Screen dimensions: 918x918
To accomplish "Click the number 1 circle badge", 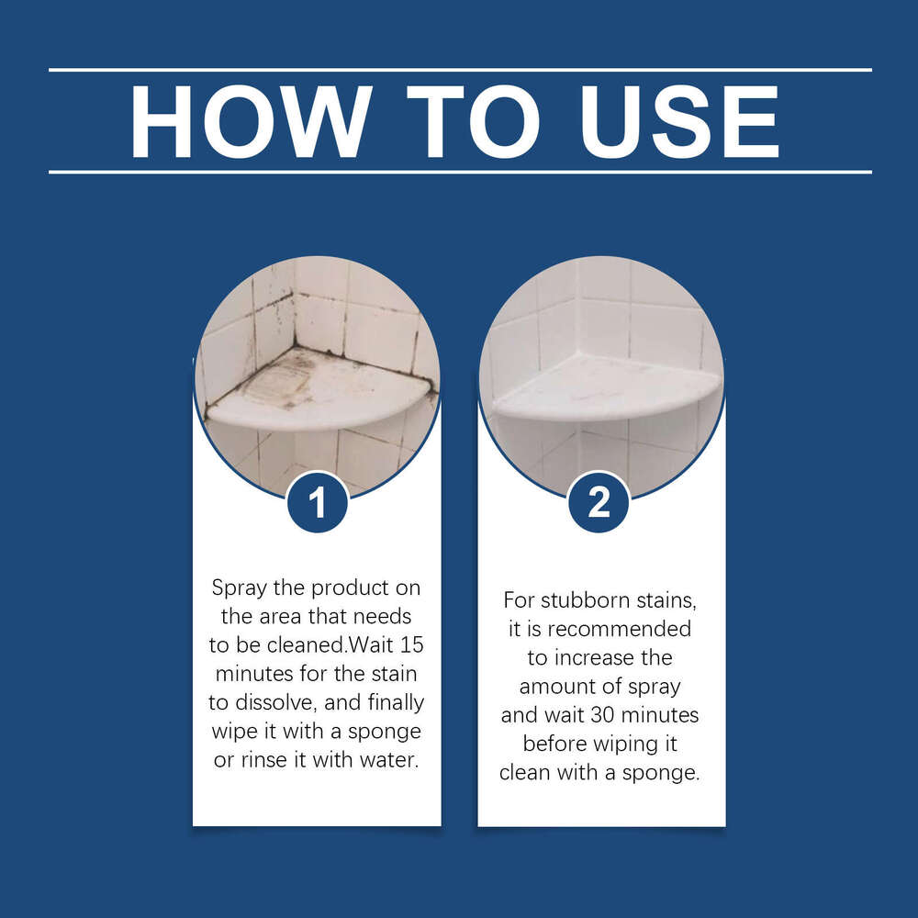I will pyautogui.click(x=317, y=503).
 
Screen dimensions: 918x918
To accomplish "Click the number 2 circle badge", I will pyautogui.click(x=599, y=502).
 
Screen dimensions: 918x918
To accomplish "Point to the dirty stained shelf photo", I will pyautogui.click(x=317, y=367).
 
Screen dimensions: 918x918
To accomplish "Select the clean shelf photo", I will pyautogui.click(x=601, y=367).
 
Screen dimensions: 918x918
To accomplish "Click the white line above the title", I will pyautogui.click(x=459, y=70).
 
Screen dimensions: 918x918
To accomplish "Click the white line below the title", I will pyautogui.click(x=459, y=172).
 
